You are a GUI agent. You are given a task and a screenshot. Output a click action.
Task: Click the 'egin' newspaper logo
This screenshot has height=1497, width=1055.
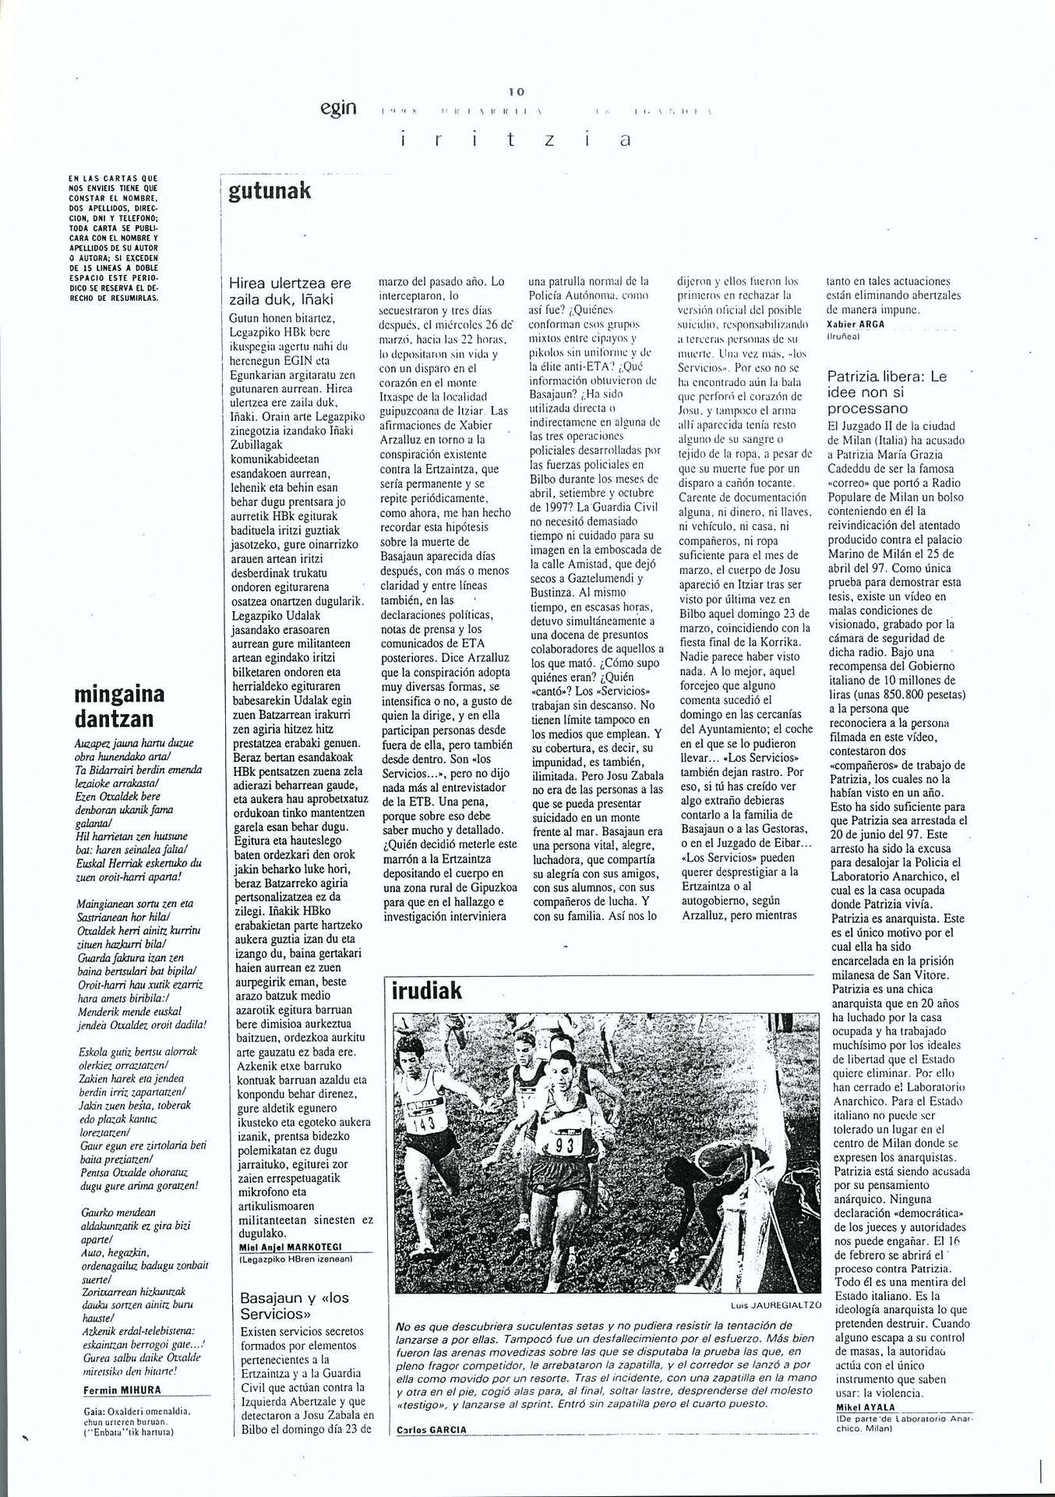pos(338,108)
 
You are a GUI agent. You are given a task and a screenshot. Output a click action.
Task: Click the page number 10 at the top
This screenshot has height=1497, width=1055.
pos(516,92)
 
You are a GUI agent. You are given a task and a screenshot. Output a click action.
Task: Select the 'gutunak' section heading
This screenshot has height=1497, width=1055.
pos(270,191)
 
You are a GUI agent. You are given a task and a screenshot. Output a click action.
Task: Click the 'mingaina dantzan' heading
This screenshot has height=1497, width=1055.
pos(119,706)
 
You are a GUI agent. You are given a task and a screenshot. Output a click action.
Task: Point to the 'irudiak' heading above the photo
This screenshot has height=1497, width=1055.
pos(427,991)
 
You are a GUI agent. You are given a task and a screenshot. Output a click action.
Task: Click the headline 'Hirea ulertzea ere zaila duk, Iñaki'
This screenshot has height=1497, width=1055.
pos(290,291)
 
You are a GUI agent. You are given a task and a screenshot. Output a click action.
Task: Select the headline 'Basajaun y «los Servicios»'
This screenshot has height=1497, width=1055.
pos(295,1305)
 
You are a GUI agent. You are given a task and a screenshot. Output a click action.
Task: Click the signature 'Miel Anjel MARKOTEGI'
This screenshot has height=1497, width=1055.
pos(291,1247)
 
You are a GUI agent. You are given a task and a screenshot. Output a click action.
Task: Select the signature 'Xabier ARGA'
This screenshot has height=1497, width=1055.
pos(856,324)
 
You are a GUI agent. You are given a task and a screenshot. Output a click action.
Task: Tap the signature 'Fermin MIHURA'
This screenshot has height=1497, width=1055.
pos(122,1390)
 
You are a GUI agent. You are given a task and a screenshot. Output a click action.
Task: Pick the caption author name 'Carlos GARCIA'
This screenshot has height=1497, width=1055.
pos(432,1430)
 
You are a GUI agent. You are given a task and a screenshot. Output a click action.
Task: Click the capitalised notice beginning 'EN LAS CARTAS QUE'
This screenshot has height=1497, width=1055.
pos(114,238)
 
